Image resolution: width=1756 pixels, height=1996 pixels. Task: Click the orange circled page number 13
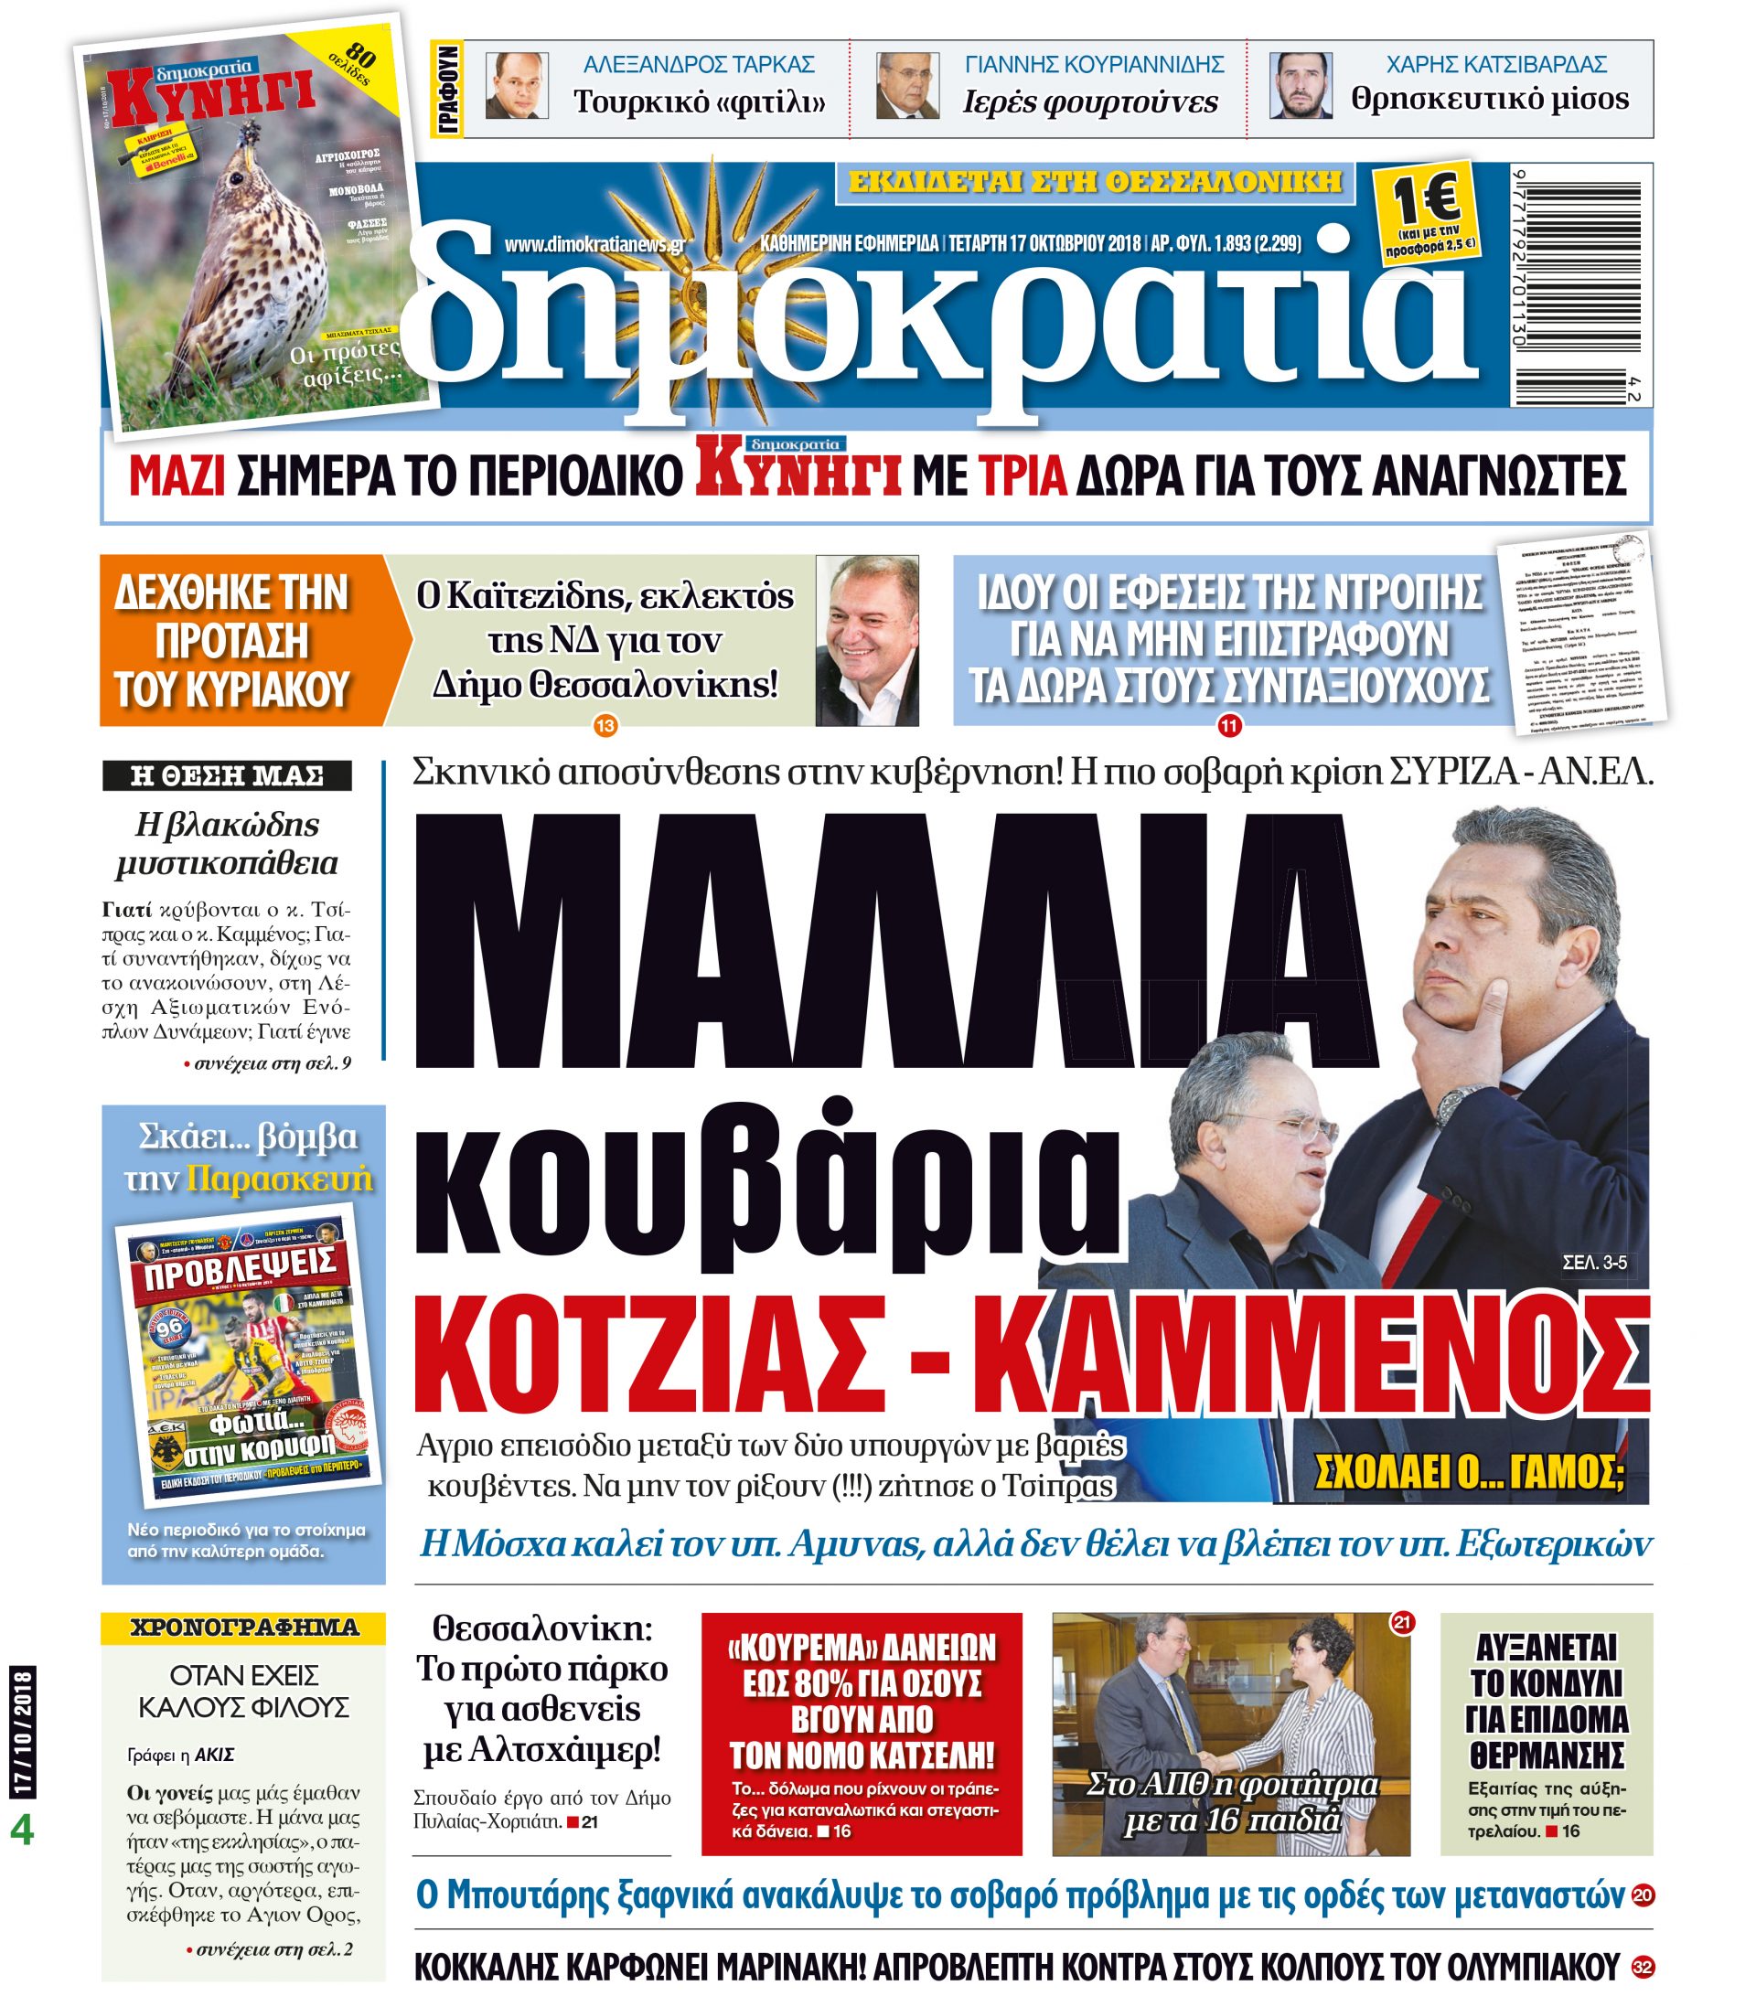(x=605, y=726)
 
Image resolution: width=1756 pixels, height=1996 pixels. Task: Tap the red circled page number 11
(x=1227, y=726)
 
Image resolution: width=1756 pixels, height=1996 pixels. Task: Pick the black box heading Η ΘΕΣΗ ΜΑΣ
(x=227, y=776)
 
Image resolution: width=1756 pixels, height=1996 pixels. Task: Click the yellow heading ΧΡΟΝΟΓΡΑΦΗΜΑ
(x=244, y=1627)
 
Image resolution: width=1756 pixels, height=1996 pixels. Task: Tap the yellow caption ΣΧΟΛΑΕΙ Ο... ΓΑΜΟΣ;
(x=1469, y=1475)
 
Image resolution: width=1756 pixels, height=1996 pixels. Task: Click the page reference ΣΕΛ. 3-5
(x=1594, y=1263)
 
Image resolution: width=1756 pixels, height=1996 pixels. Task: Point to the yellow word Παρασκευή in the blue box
(x=279, y=1179)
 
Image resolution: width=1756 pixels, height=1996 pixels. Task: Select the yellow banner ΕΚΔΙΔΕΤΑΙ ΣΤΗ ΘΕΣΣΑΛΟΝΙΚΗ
(x=1095, y=182)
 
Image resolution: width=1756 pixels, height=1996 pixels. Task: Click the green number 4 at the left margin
(x=21, y=1830)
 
